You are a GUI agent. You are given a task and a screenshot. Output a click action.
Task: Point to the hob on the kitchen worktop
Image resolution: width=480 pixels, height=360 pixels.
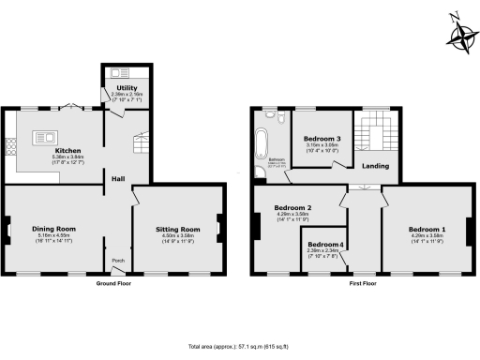[13, 148]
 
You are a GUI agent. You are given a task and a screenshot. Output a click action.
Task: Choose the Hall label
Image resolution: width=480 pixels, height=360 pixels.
[119, 178]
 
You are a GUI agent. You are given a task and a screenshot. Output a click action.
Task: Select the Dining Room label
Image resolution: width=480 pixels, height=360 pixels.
[52, 229]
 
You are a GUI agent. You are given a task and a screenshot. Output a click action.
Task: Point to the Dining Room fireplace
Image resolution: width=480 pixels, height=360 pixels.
[7, 229]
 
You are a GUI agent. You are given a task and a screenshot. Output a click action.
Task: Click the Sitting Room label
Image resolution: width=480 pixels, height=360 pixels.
[178, 229]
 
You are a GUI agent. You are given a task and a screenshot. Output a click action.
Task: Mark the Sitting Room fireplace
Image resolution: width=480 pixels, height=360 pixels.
[219, 228]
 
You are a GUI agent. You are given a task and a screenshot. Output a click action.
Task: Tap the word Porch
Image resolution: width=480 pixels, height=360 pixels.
[118, 260]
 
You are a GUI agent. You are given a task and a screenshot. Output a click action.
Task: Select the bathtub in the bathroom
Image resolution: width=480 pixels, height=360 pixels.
[261, 145]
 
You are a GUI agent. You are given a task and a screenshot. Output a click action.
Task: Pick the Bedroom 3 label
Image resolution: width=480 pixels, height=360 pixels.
[322, 139]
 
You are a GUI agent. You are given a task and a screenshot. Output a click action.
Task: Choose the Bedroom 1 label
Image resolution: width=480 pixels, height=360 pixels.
[427, 229]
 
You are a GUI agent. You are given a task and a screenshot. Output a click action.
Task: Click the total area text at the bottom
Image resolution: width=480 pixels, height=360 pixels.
[239, 345]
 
